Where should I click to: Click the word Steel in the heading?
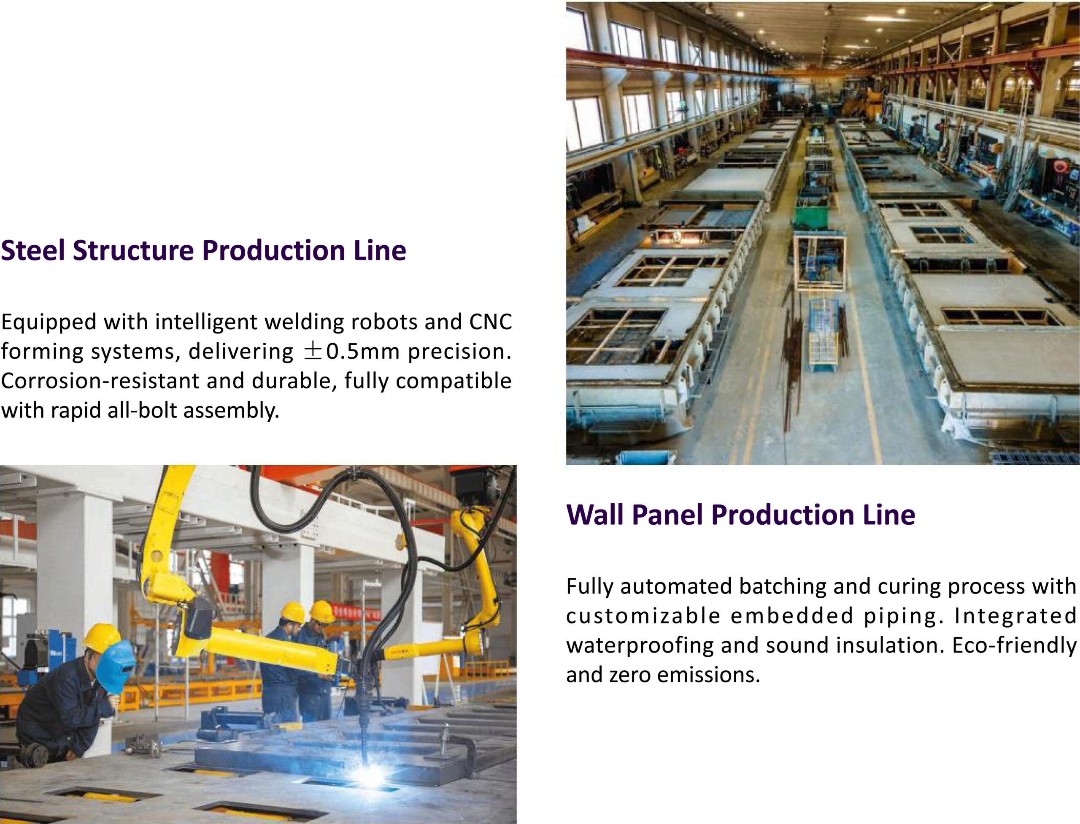pos(33,250)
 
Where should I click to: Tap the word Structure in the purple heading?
pos(133,250)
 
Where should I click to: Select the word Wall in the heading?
pos(595,515)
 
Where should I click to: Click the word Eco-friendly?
pos(1014,645)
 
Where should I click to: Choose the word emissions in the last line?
pos(708,675)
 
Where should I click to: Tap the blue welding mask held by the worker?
pos(115,667)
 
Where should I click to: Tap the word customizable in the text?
pos(643,616)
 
